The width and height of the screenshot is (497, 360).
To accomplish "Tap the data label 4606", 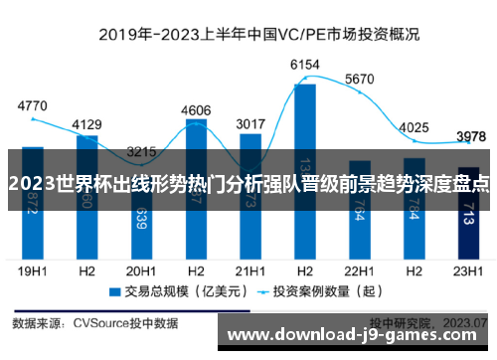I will (196, 110).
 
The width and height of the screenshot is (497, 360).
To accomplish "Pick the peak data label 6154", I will (304, 65).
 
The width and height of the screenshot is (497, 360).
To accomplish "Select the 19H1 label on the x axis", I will (33, 270).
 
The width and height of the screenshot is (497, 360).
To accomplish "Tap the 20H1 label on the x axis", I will (141, 270).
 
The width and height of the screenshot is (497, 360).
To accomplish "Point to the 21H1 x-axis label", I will (249, 270).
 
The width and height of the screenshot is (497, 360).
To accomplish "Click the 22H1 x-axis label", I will (359, 270).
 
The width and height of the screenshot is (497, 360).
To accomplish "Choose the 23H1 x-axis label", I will (467, 270).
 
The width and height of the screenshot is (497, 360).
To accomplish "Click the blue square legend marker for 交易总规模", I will (114, 292).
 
